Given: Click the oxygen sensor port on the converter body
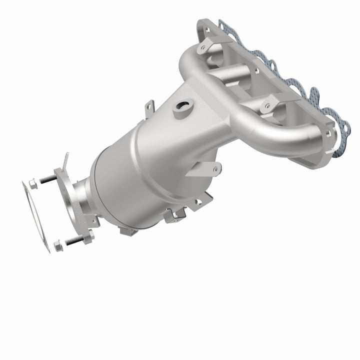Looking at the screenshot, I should [x=183, y=107].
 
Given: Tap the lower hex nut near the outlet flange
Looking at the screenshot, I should [x=58, y=245].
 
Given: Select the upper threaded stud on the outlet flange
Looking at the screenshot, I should [x=47, y=179].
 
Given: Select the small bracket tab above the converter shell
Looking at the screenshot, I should [x=149, y=107].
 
